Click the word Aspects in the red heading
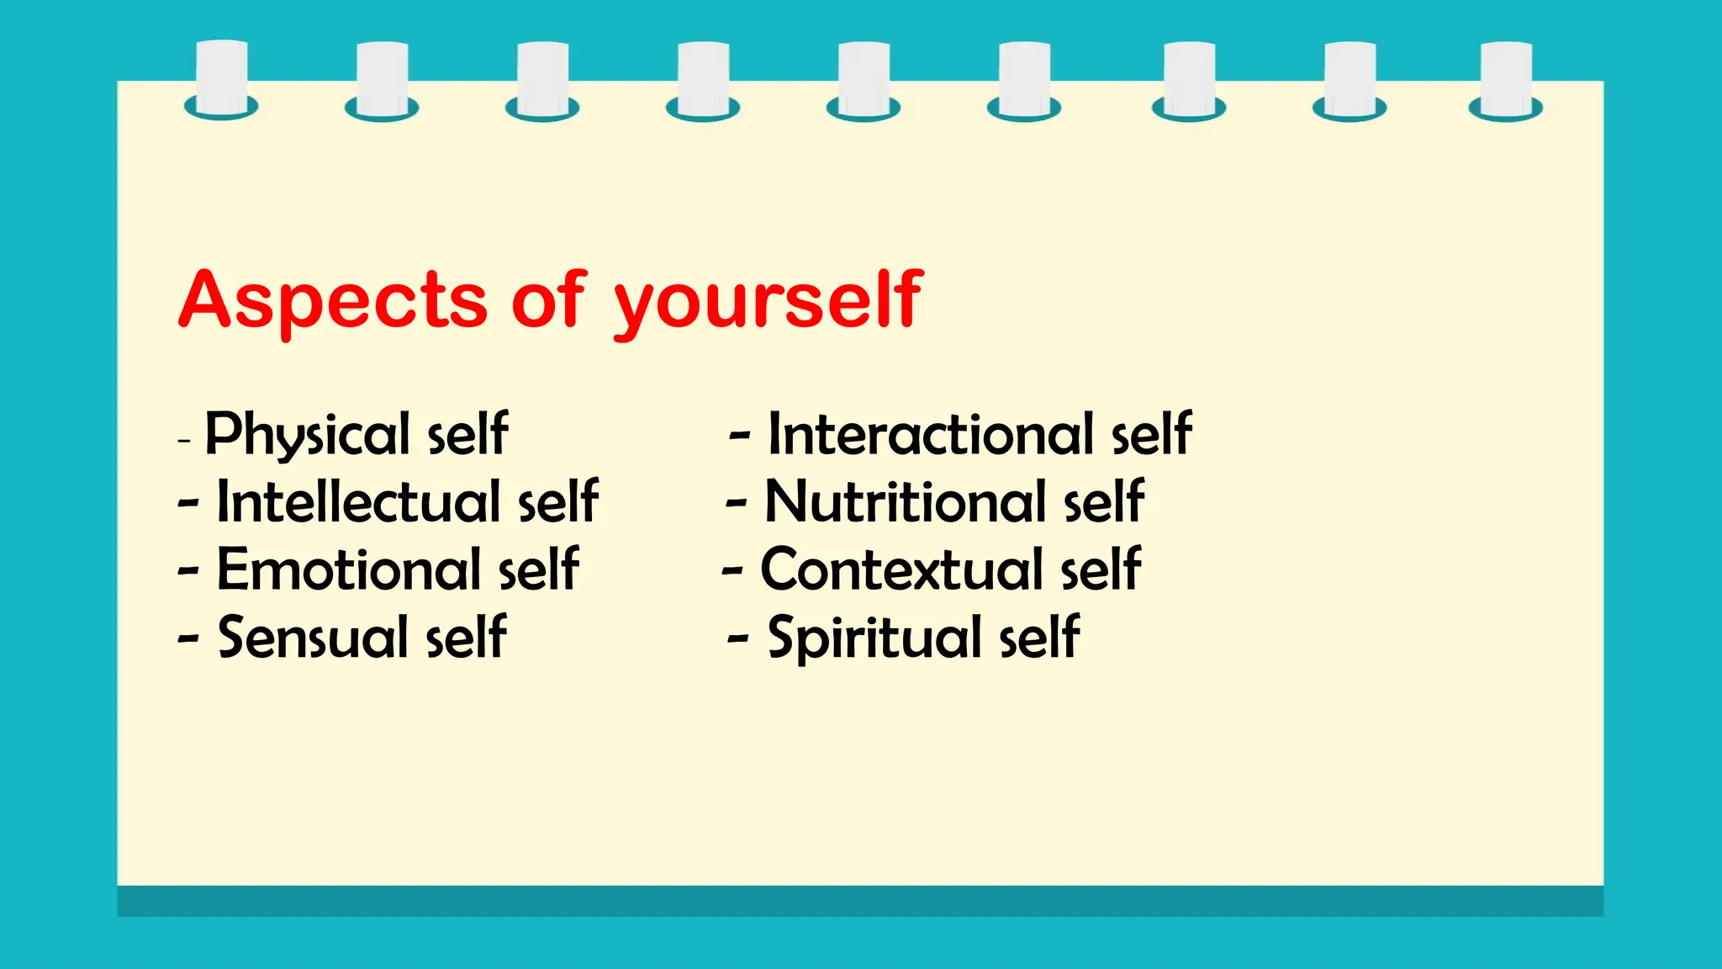point(333,300)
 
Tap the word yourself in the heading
point(769,300)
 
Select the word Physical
point(307,435)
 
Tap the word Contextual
point(902,569)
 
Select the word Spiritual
point(875,637)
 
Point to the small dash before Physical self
point(185,440)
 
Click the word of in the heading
point(547,300)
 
